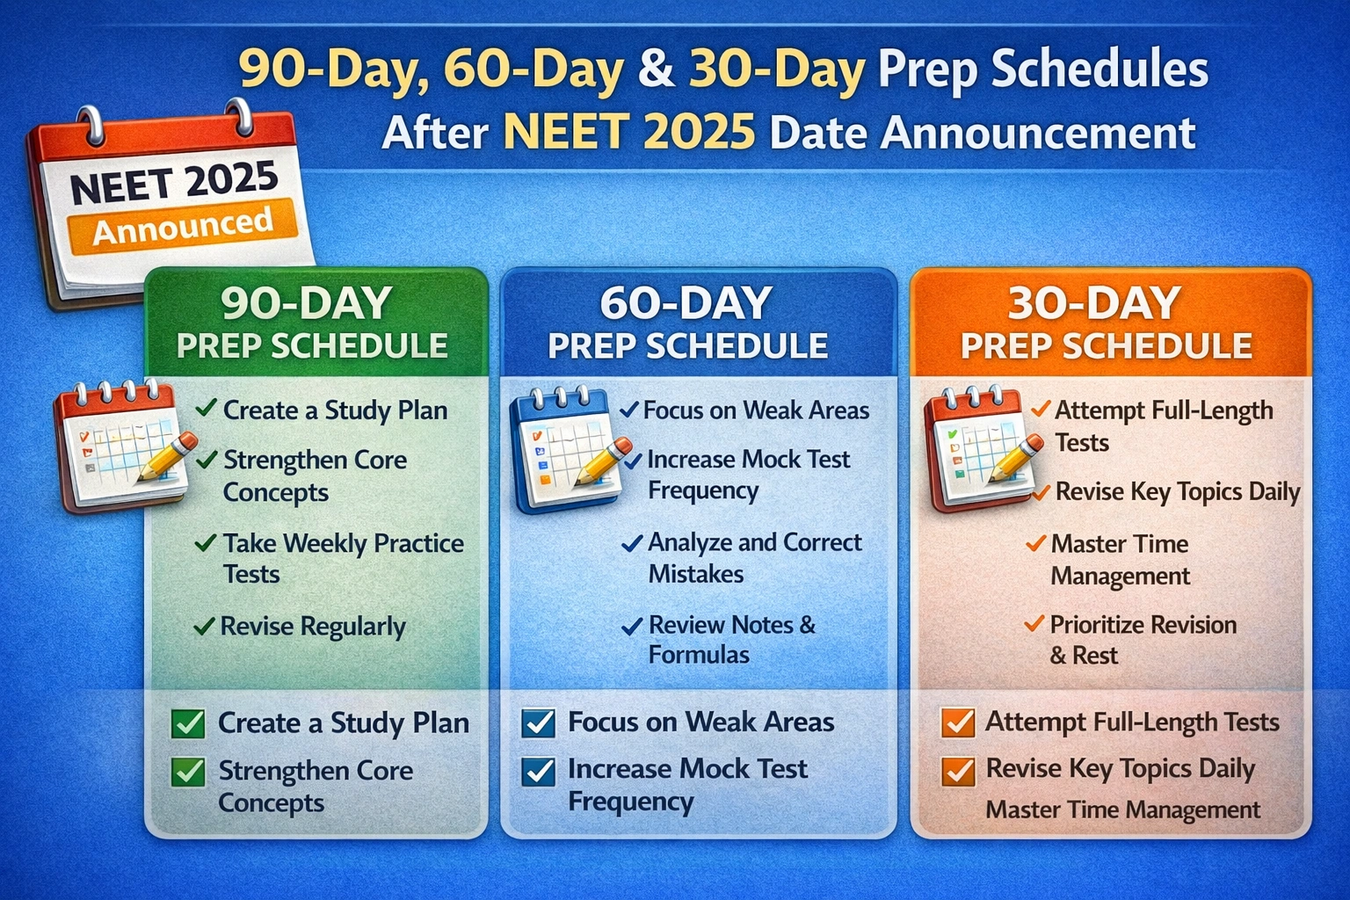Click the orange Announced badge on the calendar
pos(183,226)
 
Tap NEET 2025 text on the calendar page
pos(174,182)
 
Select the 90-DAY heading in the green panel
pos(306,303)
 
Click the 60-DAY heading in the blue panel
pos(686,303)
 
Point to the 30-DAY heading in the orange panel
pos(1094,303)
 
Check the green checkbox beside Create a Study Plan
pos(188,724)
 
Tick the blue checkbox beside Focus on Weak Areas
pos(538,723)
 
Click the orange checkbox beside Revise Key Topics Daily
pos(957,771)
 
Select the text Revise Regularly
pos(313,627)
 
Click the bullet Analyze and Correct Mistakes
pos(754,558)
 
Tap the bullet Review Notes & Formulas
pos(731,639)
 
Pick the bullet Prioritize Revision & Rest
pos(1143,640)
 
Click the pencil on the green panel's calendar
pos(167,456)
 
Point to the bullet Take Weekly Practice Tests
pos(343,558)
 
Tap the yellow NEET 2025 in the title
pos(629,133)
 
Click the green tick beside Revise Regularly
pos(204,627)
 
